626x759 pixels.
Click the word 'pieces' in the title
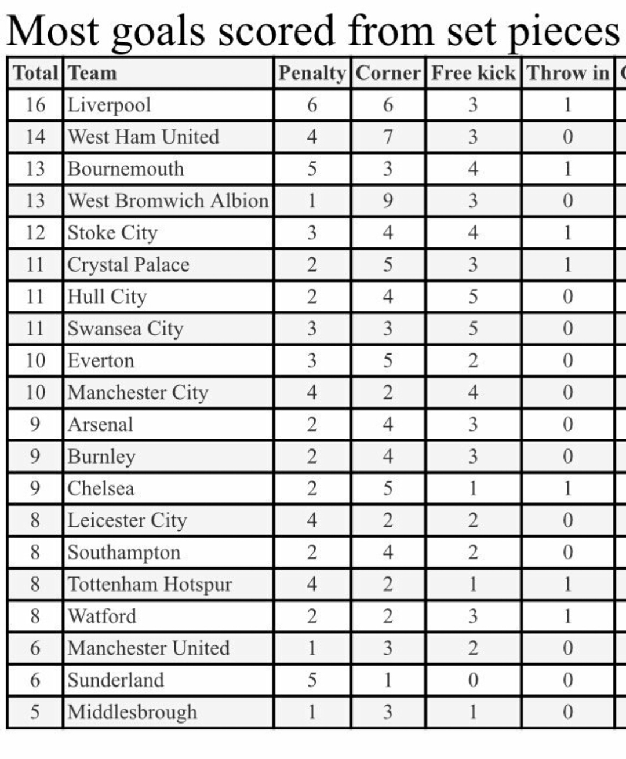pos(563,32)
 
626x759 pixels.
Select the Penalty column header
pos(312,73)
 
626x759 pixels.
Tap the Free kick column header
pos(473,73)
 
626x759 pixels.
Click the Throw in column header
pos(568,73)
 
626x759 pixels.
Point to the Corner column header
pos(388,73)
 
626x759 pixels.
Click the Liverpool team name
pos(109,105)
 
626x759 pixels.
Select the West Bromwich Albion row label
pos(168,200)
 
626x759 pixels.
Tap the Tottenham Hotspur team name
pos(150,584)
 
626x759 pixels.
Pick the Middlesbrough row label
pos(132,711)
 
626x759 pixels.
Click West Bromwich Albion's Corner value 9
pos(388,200)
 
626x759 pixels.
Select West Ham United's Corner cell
pos(388,137)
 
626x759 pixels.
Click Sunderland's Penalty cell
pos(312,680)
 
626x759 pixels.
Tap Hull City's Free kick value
pos(473,297)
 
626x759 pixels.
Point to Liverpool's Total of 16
pos(35,105)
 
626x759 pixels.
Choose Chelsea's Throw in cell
pos(568,488)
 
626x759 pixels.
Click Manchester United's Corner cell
pos(388,648)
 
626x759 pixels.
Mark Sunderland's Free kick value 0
pos(473,680)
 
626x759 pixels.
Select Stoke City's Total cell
pos(35,233)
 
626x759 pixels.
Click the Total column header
pos(35,73)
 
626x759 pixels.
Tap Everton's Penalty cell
pos(312,360)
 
